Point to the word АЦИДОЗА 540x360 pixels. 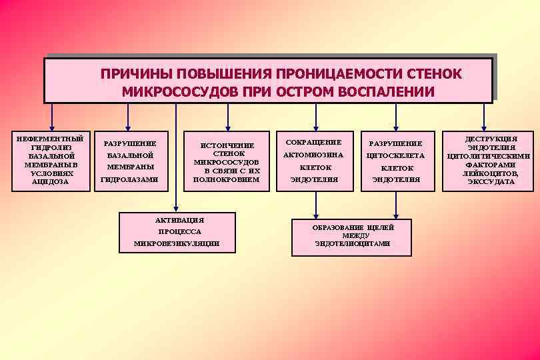(x=51, y=182)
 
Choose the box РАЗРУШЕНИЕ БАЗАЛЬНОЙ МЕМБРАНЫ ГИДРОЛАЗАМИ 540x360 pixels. (x=129, y=161)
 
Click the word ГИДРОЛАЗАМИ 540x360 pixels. (x=129, y=179)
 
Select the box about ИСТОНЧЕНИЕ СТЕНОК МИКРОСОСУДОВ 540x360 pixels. (x=226, y=161)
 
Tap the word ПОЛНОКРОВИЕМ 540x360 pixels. (x=226, y=179)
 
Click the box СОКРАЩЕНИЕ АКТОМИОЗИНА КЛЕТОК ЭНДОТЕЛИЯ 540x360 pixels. (x=313, y=161)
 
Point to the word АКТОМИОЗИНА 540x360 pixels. (x=313, y=155)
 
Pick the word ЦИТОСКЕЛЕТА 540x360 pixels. (x=395, y=155)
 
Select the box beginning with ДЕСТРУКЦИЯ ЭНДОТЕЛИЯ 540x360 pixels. (x=490, y=161)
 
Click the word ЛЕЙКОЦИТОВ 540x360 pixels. (x=491, y=173)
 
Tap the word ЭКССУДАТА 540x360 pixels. (x=491, y=182)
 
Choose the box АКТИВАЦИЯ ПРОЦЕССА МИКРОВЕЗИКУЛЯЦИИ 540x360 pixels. (x=177, y=232)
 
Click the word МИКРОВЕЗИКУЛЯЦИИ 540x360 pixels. (x=177, y=244)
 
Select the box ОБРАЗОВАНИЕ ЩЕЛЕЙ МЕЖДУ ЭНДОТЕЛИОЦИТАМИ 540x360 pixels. (x=353, y=235)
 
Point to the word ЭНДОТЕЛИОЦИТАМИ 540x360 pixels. (x=353, y=244)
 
